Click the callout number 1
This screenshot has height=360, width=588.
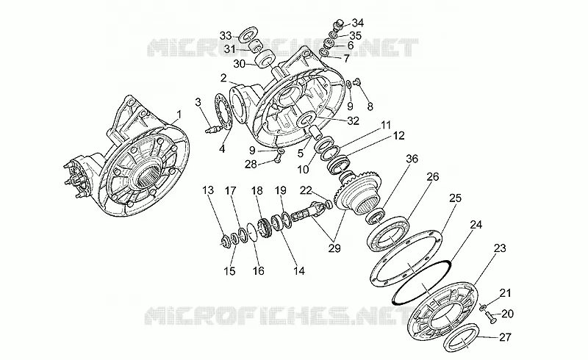tap(179, 114)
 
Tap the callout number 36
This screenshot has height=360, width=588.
tap(412, 159)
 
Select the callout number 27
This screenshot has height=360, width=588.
tap(505, 337)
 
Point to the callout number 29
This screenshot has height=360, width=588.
tap(334, 248)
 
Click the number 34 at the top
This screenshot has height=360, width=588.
tap(357, 23)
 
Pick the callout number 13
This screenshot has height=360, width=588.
tap(208, 190)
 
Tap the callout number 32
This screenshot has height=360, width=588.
tap(354, 120)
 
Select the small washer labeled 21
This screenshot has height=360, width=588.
tap(483, 308)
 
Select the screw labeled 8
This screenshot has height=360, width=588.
tap(357, 80)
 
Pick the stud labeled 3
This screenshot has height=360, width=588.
tap(212, 129)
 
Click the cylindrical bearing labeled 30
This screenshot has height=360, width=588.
tap(266, 58)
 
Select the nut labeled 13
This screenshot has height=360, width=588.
tap(225, 240)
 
